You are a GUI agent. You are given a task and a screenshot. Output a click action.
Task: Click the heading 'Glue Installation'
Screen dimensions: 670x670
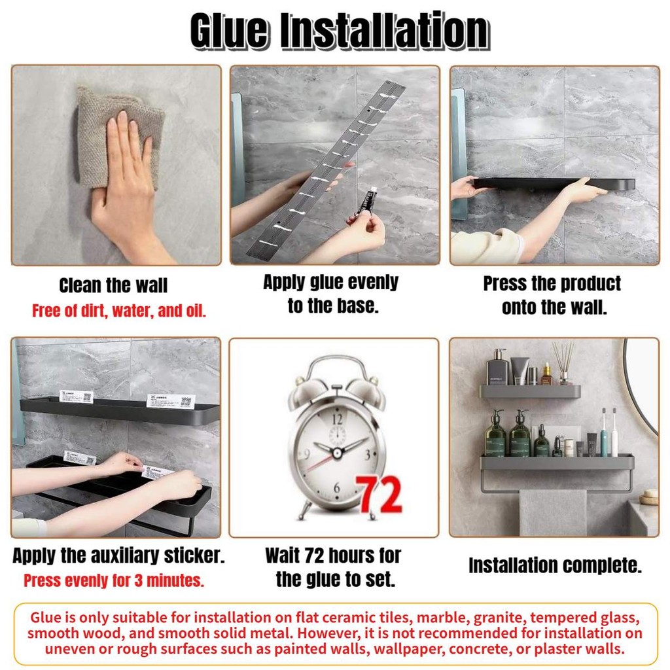click(x=340, y=31)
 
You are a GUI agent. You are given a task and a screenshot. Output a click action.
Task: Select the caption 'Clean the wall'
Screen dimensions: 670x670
click(x=113, y=285)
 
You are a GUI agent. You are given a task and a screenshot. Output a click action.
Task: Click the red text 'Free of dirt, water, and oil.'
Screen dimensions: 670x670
click(x=119, y=311)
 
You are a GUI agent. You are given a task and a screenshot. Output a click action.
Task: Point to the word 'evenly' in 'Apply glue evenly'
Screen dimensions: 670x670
click(x=372, y=283)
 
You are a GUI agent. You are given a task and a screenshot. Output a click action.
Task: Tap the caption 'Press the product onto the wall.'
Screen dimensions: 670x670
click(x=552, y=295)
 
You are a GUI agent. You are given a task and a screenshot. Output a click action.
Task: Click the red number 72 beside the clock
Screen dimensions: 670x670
click(x=379, y=495)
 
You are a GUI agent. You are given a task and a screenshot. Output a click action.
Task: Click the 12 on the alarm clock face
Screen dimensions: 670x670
click(x=337, y=419)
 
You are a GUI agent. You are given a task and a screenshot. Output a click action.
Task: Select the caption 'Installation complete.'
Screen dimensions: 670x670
click(x=555, y=565)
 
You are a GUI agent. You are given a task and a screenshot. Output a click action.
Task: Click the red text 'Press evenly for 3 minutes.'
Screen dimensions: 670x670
click(x=114, y=580)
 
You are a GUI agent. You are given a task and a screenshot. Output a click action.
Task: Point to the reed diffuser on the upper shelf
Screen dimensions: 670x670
click(x=563, y=363)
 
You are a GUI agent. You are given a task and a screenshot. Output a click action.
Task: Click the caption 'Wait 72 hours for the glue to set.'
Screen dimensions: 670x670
click(x=334, y=567)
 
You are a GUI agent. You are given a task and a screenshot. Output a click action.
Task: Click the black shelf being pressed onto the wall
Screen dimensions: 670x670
click(x=554, y=184)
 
